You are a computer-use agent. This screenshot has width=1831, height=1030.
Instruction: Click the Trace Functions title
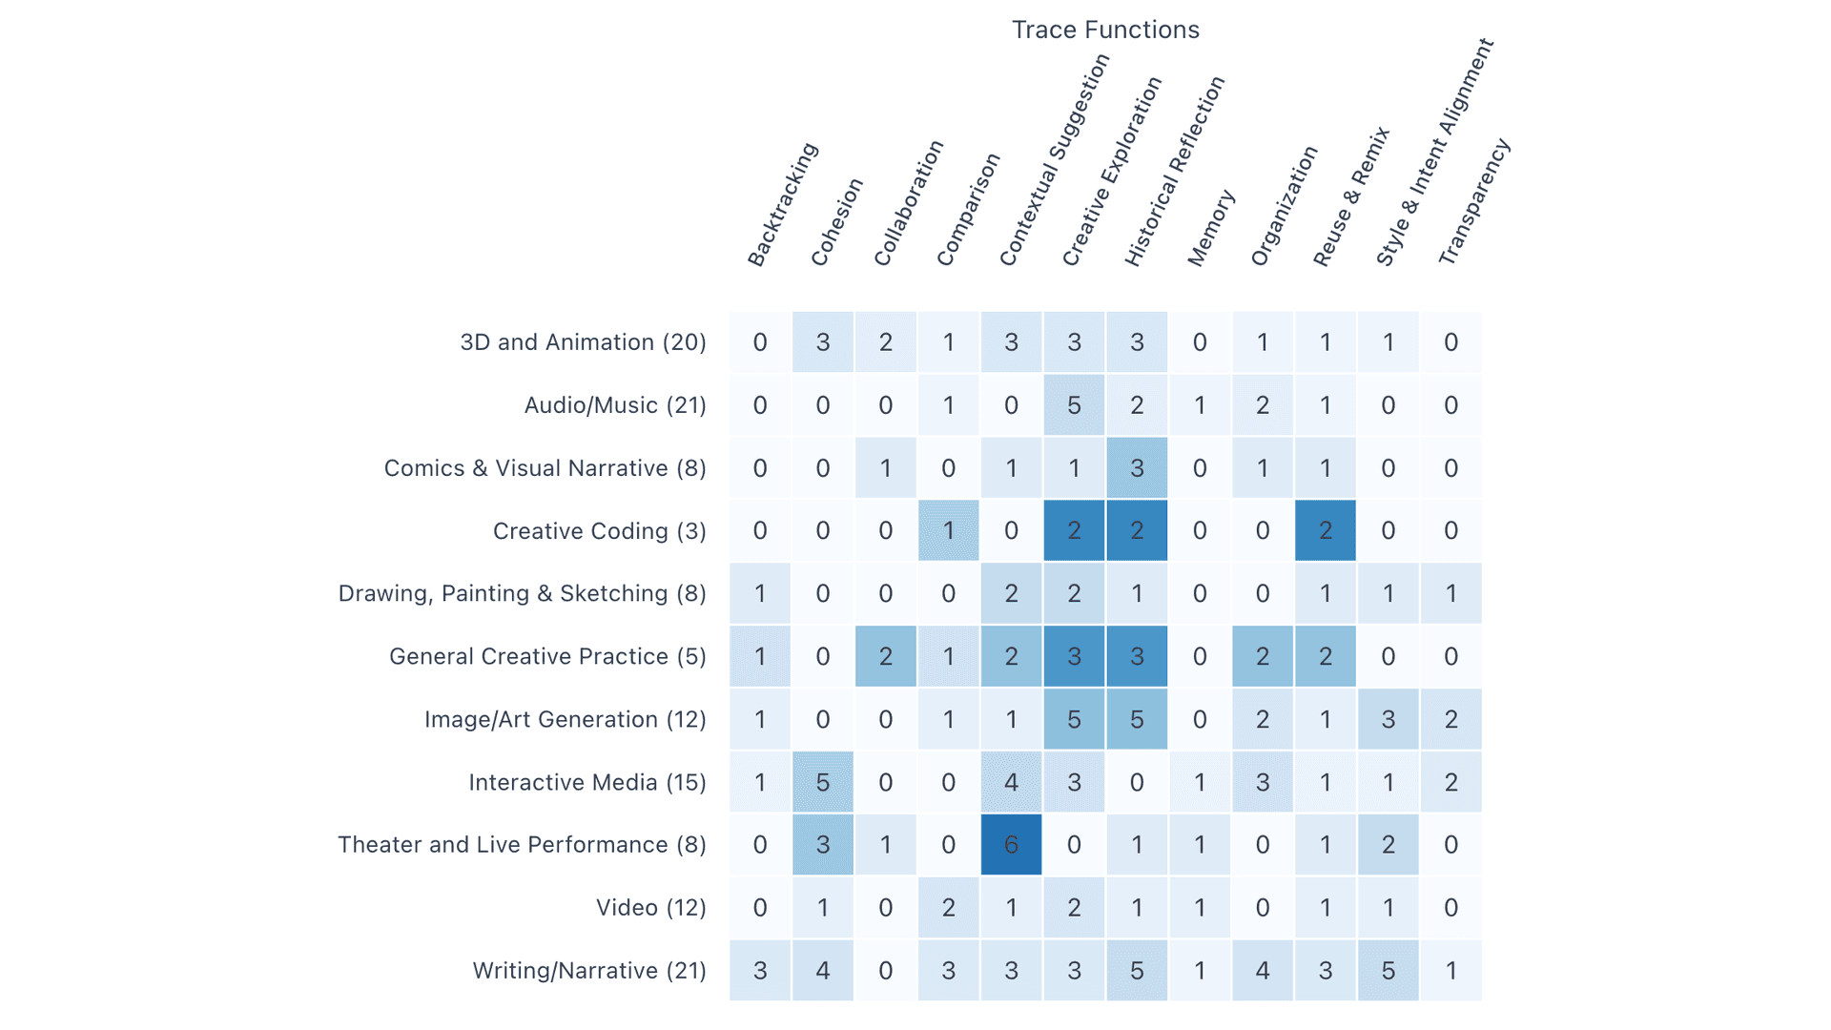click(x=1105, y=31)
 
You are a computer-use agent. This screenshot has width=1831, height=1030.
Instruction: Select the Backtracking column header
click(x=782, y=205)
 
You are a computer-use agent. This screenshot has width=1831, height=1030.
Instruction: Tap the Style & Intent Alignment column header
click(x=1433, y=153)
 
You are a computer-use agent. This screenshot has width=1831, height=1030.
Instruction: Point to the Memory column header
click(x=1211, y=228)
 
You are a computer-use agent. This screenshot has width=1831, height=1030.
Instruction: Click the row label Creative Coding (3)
click(x=599, y=531)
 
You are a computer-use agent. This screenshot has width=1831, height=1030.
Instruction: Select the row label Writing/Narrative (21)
click(x=589, y=971)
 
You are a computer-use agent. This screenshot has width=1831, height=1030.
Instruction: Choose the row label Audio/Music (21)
click(x=615, y=405)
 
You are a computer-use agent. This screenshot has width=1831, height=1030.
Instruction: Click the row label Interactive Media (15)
click(x=587, y=783)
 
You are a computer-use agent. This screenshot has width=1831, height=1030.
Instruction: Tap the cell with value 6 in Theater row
click(x=1011, y=845)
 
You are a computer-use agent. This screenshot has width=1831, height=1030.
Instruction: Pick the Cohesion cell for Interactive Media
click(x=823, y=783)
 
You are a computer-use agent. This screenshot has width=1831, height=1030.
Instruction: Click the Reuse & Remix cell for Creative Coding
click(x=1326, y=531)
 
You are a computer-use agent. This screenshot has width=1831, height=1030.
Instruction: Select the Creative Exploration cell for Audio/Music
click(x=1074, y=405)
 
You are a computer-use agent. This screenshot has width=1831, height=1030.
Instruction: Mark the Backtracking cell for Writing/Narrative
click(x=760, y=971)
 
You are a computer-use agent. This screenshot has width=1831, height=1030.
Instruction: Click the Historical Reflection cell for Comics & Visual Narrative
click(x=1137, y=468)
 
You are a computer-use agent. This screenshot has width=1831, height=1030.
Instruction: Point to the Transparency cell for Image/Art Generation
click(x=1450, y=720)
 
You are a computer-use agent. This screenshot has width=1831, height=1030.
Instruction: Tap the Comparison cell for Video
click(x=948, y=908)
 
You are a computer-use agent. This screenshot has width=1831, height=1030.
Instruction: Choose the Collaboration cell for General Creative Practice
click(x=886, y=657)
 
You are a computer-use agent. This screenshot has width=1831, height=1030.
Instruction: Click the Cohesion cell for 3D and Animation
click(x=823, y=342)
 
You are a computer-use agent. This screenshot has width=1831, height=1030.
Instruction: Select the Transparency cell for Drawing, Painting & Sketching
click(x=1450, y=594)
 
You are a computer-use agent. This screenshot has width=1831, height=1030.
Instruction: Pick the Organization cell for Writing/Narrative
click(x=1263, y=971)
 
